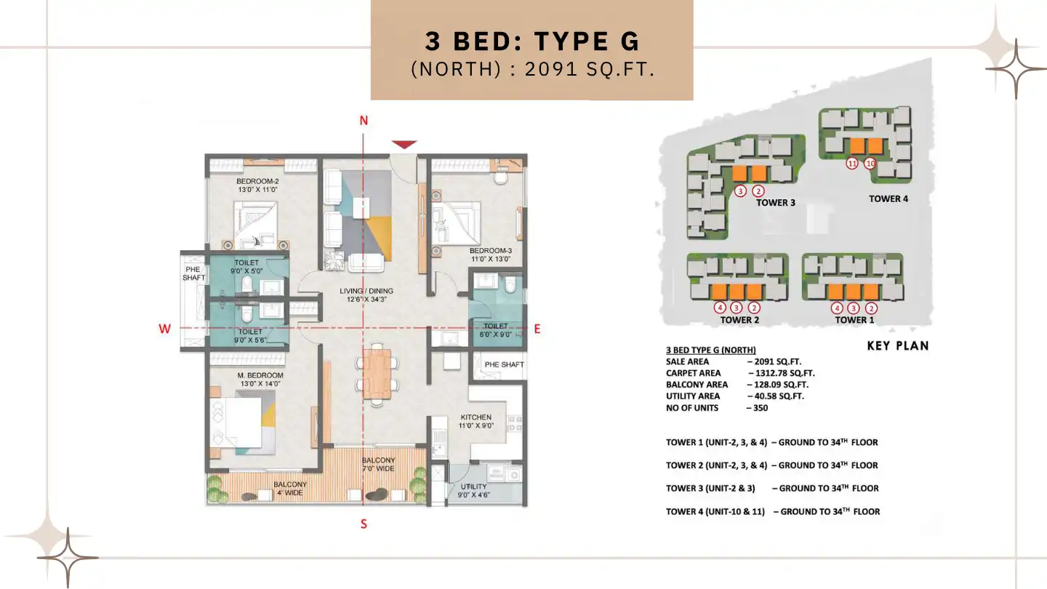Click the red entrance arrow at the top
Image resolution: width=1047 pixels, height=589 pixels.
(404, 144)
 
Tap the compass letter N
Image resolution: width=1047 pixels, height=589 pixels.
(364, 121)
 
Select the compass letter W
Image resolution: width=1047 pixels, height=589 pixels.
(165, 329)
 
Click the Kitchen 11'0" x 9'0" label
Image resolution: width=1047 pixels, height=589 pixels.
(476, 421)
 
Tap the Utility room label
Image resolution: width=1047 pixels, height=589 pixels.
(473, 488)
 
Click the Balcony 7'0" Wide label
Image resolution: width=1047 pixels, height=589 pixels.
(379, 465)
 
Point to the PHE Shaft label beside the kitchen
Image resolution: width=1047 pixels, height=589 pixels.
(504, 364)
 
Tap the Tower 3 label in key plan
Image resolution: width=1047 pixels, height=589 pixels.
(775, 202)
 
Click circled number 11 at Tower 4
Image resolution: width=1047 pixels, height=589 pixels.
(852, 164)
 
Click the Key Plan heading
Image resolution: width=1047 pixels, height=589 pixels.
(897, 346)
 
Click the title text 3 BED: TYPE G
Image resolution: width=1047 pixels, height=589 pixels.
(532, 41)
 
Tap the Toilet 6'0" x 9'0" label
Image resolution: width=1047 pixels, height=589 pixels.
(495, 330)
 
